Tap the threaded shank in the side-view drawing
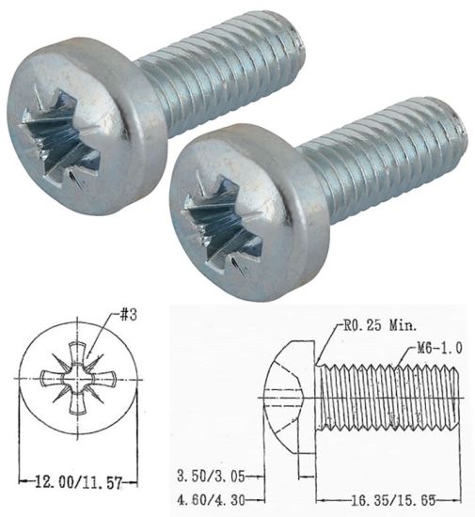click(390, 399)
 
